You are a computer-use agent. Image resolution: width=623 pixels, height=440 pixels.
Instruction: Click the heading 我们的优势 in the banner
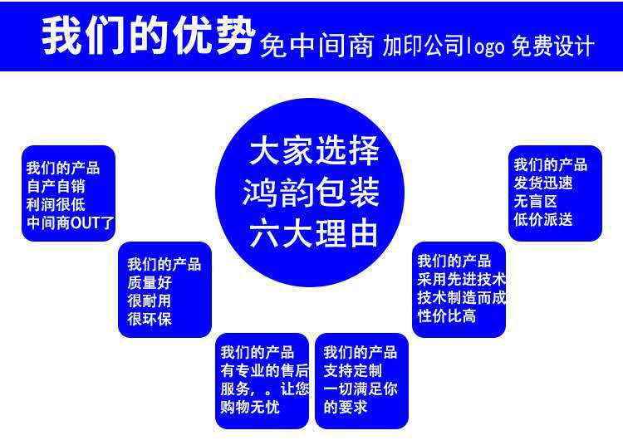(148, 37)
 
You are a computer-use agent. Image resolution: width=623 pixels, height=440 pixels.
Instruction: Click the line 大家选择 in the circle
(314, 152)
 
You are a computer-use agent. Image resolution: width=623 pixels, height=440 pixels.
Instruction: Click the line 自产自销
(55, 186)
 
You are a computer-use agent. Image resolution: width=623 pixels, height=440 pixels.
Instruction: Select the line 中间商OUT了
(70, 222)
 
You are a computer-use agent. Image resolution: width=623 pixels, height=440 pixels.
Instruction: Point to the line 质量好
(150, 282)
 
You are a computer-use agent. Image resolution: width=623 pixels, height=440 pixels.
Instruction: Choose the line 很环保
(150, 319)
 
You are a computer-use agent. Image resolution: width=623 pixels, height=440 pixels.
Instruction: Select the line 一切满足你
(361, 389)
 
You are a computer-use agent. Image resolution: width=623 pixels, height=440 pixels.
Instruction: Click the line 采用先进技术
(461, 279)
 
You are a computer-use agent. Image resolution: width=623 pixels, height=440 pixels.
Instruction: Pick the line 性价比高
(446, 315)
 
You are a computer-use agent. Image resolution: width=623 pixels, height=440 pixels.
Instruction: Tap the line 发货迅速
(542, 183)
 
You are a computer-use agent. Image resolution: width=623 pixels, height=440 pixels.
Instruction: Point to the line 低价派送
(542, 219)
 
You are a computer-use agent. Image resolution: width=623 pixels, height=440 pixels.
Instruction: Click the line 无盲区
(534, 201)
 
